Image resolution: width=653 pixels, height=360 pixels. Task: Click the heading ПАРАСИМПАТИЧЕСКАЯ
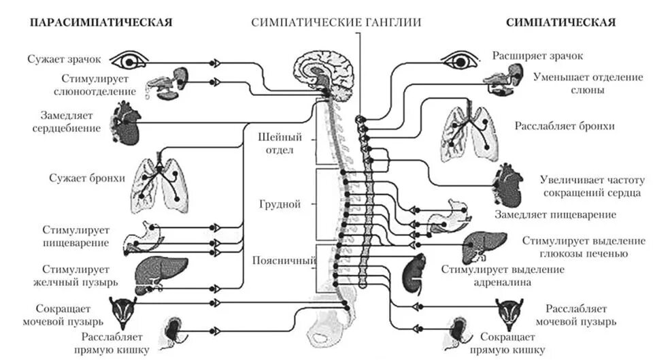(x=101, y=22)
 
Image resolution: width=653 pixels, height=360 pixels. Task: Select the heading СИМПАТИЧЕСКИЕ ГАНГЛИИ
(x=336, y=22)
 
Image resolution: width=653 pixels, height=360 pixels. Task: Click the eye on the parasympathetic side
(x=129, y=61)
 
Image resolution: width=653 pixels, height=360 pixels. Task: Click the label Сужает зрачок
(x=64, y=59)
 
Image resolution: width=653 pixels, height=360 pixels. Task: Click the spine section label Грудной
(x=280, y=203)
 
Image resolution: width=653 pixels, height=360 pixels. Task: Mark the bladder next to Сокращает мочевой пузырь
(x=127, y=310)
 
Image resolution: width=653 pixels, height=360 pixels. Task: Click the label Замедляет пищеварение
(x=556, y=214)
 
